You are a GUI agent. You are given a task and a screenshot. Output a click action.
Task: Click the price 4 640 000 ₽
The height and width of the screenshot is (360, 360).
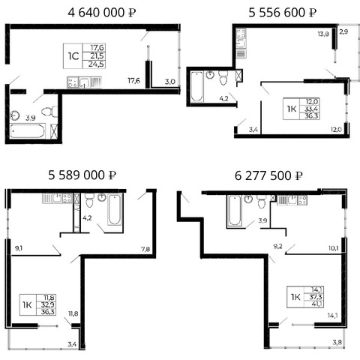(x=102, y=13)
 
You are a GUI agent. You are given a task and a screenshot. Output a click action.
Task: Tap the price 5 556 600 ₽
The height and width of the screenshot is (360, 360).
(x=283, y=13)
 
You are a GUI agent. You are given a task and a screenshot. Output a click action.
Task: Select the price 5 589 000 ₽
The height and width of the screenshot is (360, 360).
(x=82, y=175)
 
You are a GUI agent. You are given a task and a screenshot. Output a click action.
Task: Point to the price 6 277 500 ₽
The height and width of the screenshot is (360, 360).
(x=268, y=175)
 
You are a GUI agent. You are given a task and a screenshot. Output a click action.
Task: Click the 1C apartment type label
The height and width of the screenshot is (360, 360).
(x=73, y=56)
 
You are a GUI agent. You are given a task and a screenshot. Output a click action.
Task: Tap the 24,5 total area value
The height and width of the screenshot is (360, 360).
(x=96, y=64)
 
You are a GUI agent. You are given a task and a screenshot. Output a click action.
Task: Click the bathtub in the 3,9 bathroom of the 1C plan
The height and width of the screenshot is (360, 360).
(x=28, y=131)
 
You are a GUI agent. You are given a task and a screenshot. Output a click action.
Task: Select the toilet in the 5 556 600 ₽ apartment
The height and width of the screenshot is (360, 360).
(x=223, y=77)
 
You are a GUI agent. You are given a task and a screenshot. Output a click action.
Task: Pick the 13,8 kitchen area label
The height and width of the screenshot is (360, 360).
(x=323, y=34)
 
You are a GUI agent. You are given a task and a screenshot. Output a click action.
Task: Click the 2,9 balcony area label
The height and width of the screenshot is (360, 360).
(x=343, y=31)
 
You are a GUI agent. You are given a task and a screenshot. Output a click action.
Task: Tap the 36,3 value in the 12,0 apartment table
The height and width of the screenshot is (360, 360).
(x=311, y=116)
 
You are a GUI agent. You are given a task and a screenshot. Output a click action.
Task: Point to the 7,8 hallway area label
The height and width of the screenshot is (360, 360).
(x=145, y=249)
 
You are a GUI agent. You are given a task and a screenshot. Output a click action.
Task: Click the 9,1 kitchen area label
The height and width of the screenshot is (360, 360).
(x=19, y=248)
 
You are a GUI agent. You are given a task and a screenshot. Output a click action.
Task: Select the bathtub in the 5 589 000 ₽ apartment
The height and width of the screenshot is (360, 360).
(x=115, y=209)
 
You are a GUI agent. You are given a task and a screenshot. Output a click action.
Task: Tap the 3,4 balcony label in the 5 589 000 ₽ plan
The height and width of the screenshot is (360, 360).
(x=72, y=344)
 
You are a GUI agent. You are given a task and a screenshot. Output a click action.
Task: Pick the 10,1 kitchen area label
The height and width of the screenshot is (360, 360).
(x=334, y=248)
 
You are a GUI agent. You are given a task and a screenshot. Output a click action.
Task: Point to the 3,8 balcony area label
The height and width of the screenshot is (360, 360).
(x=337, y=342)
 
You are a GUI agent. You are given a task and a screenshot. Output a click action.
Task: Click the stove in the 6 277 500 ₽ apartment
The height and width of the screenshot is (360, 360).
(x=302, y=200)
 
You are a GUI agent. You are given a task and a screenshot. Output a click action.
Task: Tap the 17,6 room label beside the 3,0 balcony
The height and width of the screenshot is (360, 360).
(x=134, y=80)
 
